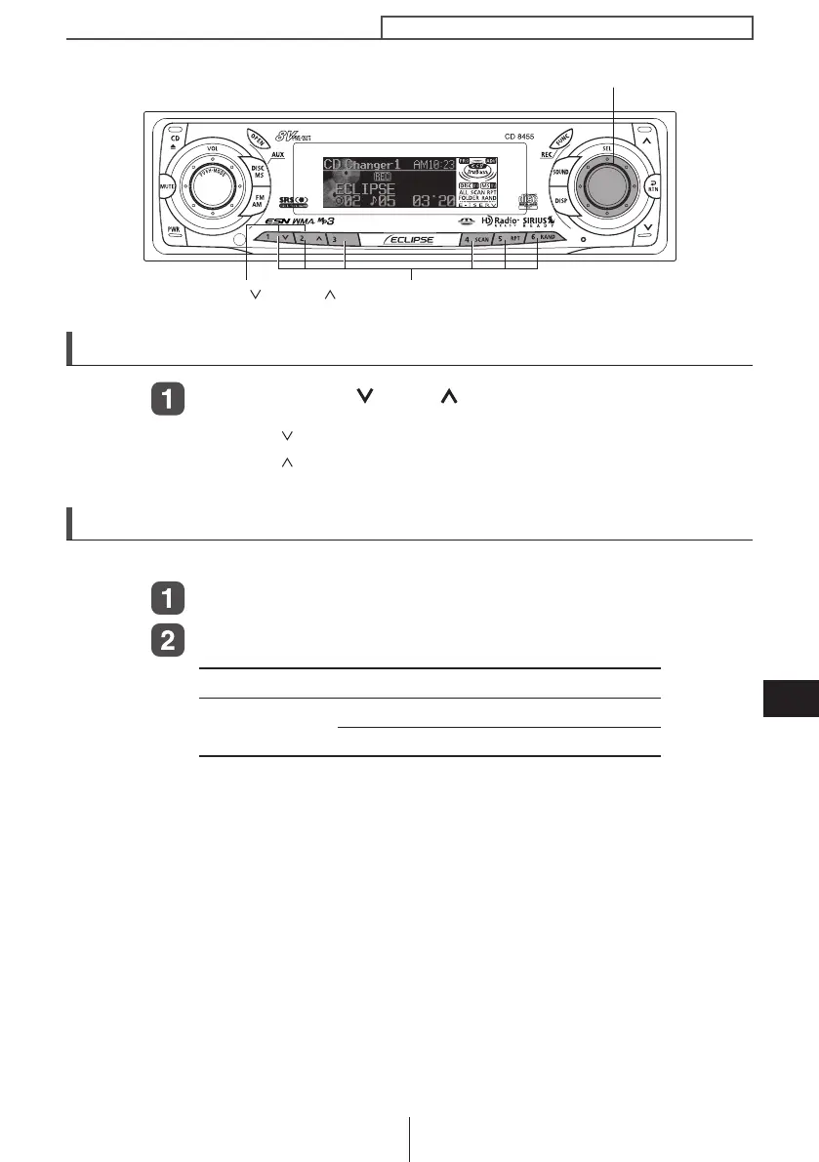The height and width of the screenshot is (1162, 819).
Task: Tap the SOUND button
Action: click(560, 172)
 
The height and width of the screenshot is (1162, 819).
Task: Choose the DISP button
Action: click(561, 201)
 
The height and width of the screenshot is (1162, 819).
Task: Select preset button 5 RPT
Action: click(507, 238)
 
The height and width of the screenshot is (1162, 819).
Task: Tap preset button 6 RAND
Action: click(540, 238)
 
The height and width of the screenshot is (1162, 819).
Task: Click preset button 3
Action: click(333, 238)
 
